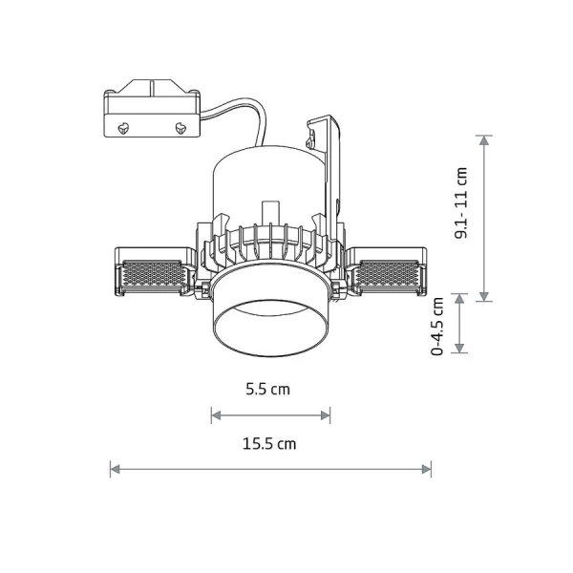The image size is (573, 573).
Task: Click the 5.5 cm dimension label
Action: [267, 390]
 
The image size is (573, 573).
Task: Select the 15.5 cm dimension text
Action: [269, 444]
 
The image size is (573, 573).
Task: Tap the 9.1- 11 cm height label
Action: [461, 202]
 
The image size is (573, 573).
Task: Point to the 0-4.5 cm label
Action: [437, 326]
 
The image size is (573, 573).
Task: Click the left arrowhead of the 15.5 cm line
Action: [115, 469]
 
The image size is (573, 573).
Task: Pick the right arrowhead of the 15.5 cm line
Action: [427, 469]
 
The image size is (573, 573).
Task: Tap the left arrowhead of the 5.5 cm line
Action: [217, 415]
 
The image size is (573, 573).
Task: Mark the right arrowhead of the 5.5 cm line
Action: [326, 415]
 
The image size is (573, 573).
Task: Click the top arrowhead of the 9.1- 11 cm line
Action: [484, 140]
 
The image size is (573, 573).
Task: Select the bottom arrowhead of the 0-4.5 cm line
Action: [459, 349]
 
